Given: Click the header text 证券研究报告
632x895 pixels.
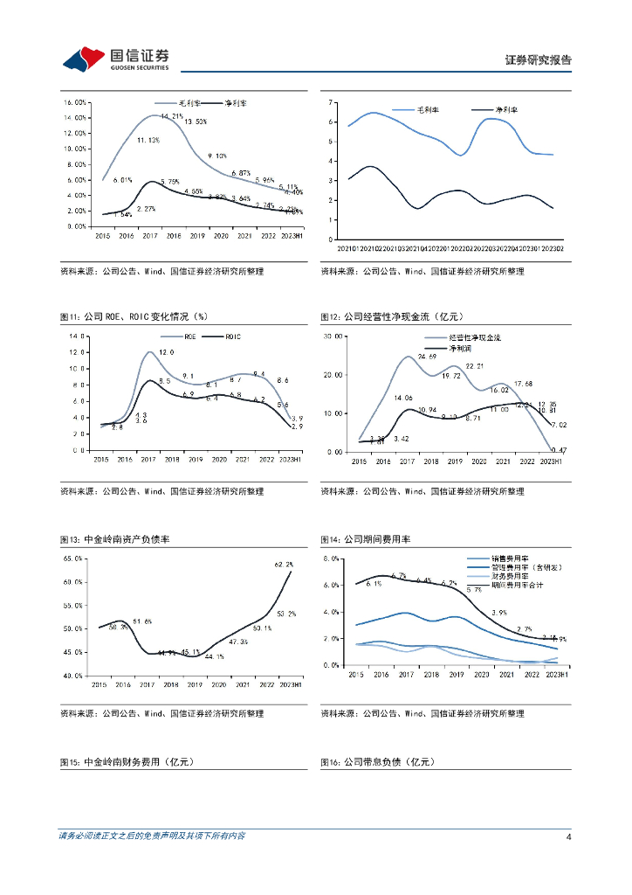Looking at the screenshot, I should (539, 60).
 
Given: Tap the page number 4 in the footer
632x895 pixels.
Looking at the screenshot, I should (568, 836).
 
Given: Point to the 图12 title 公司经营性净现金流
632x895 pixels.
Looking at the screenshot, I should (390, 316).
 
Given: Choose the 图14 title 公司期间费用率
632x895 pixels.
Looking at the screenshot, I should (365, 539).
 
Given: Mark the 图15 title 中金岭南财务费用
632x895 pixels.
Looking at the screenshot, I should (126, 762).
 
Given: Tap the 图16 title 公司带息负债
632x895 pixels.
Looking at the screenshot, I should (377, 762).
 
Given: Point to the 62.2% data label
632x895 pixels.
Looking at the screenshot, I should (284, 565).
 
